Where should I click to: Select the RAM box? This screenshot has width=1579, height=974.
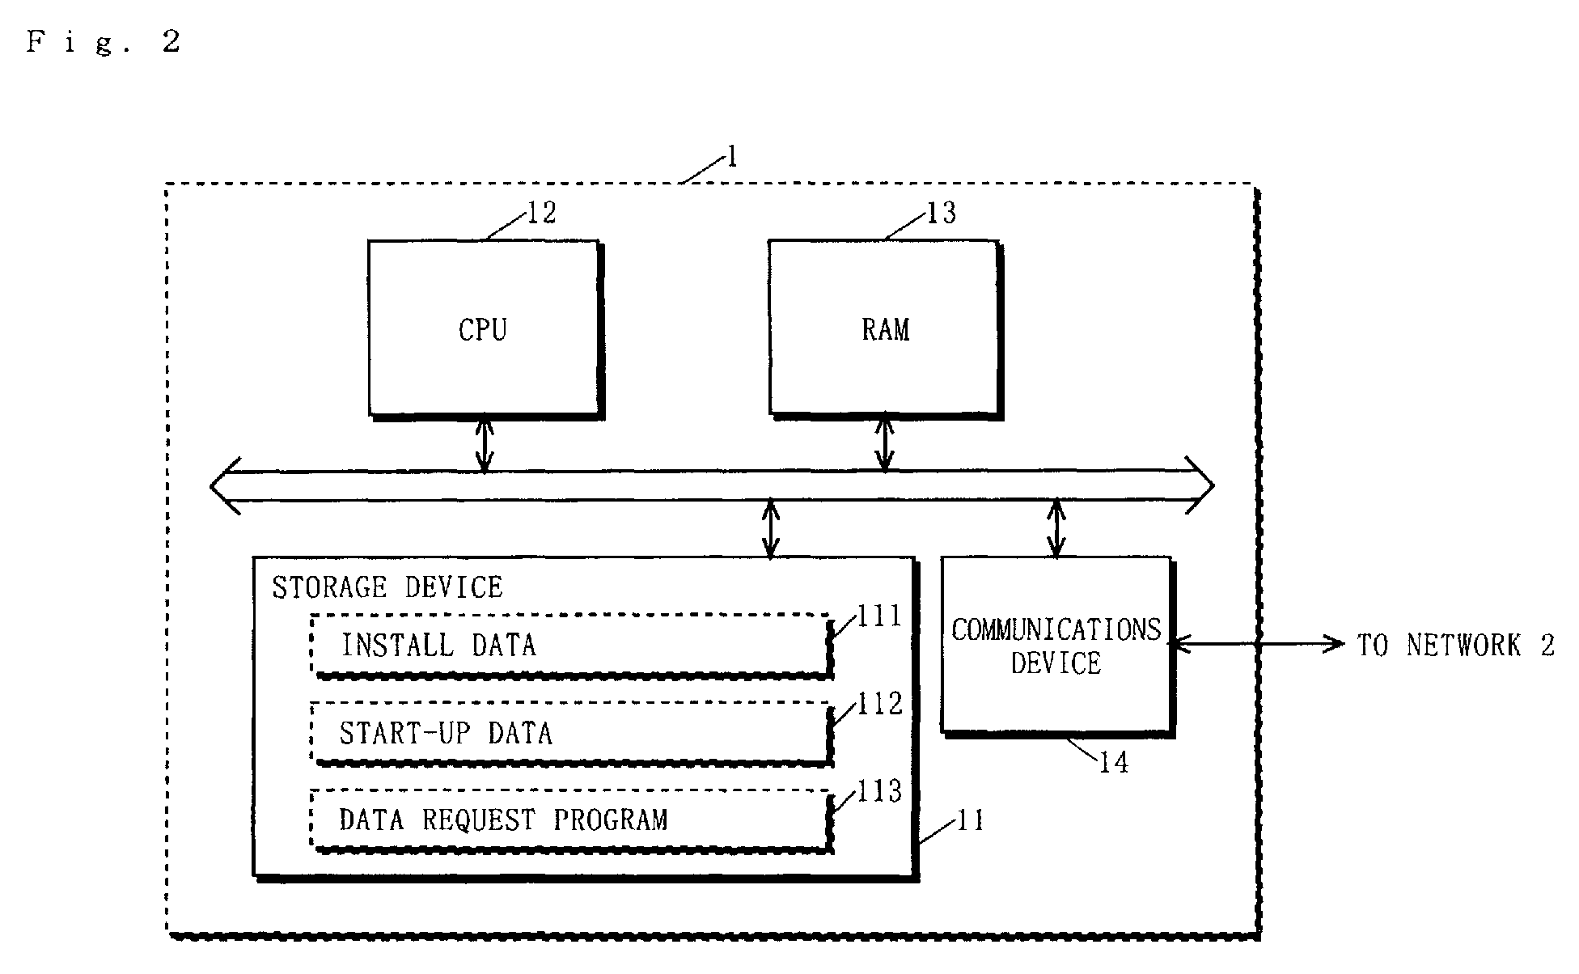[x=885, y=328]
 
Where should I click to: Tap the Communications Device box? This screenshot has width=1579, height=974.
[x=1056, y=646]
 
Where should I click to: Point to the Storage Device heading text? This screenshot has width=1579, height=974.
[x=387, y=587]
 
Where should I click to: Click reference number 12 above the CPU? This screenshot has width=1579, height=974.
[x=541, y=213]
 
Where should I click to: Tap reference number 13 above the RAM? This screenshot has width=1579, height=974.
[x=941, y=213]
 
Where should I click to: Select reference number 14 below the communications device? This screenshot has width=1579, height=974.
[x=1113, y=762]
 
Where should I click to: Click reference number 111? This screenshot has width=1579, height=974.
[x=879, y=617]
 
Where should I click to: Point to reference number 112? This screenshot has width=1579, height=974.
[x=880, y=704]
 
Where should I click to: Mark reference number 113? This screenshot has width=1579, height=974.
[x=880, y=791]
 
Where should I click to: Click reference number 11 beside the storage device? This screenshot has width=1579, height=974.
[x=971, y=820]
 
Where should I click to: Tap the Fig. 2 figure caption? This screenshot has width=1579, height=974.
[x=104, y=42]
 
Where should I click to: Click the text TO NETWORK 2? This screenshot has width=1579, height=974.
[x=1455, y=646]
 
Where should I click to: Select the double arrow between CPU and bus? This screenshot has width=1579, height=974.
[x=484, y=445]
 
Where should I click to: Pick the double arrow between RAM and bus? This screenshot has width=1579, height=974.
[x=885, y=445]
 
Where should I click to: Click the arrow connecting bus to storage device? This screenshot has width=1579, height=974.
[x=771, y=529]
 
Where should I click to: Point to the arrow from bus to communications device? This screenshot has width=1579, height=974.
[x=1056, y=529]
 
